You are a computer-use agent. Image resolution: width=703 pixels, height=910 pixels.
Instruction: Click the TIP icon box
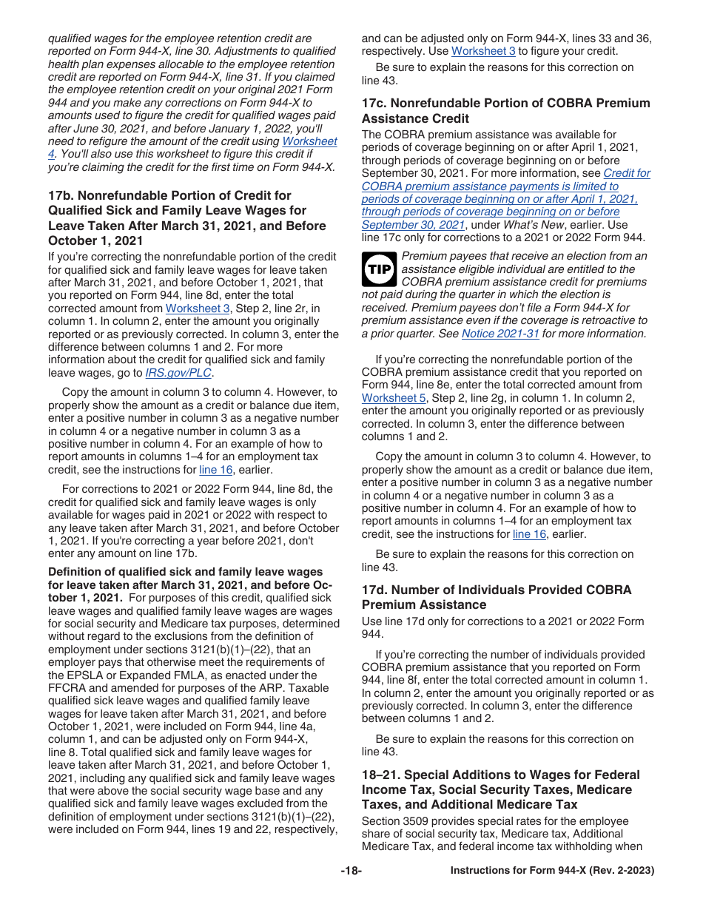pyautogui.click(x=380, y=270)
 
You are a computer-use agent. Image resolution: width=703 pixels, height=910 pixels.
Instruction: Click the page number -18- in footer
pyautogui.click(x=351, y=871)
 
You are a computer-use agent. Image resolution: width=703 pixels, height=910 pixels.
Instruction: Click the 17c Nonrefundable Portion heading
pyautogui.click(x=505, y=111)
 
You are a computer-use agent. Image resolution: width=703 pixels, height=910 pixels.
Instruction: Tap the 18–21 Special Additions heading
pyautogui.click(x=500, y=789)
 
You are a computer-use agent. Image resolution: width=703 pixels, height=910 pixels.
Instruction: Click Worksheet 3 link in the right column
pyautogui.click(x=483, y=51)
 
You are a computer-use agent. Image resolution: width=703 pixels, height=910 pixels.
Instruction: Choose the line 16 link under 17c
pyautogui.click(x=529, y=534)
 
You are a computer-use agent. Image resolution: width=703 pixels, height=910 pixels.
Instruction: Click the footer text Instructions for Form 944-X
pyautogui.click(x=552, y=871)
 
